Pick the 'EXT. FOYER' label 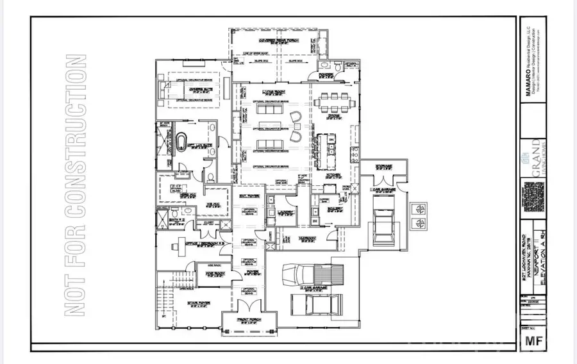(x=248, y=195)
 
